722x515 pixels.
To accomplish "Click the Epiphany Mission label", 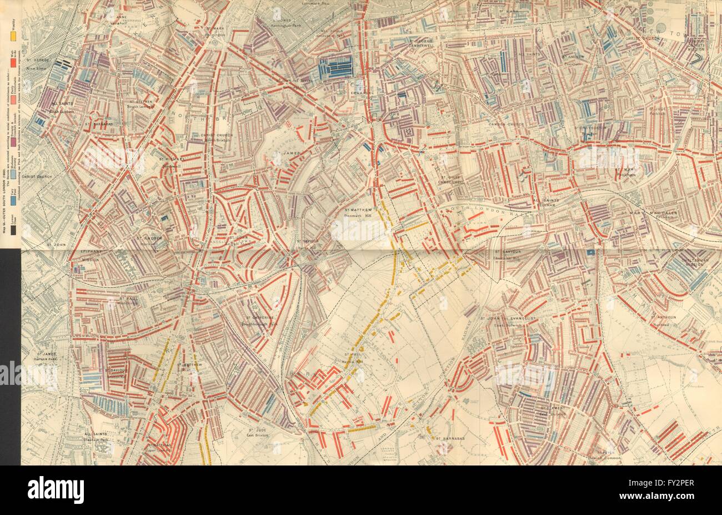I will (x=88, y=255).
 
